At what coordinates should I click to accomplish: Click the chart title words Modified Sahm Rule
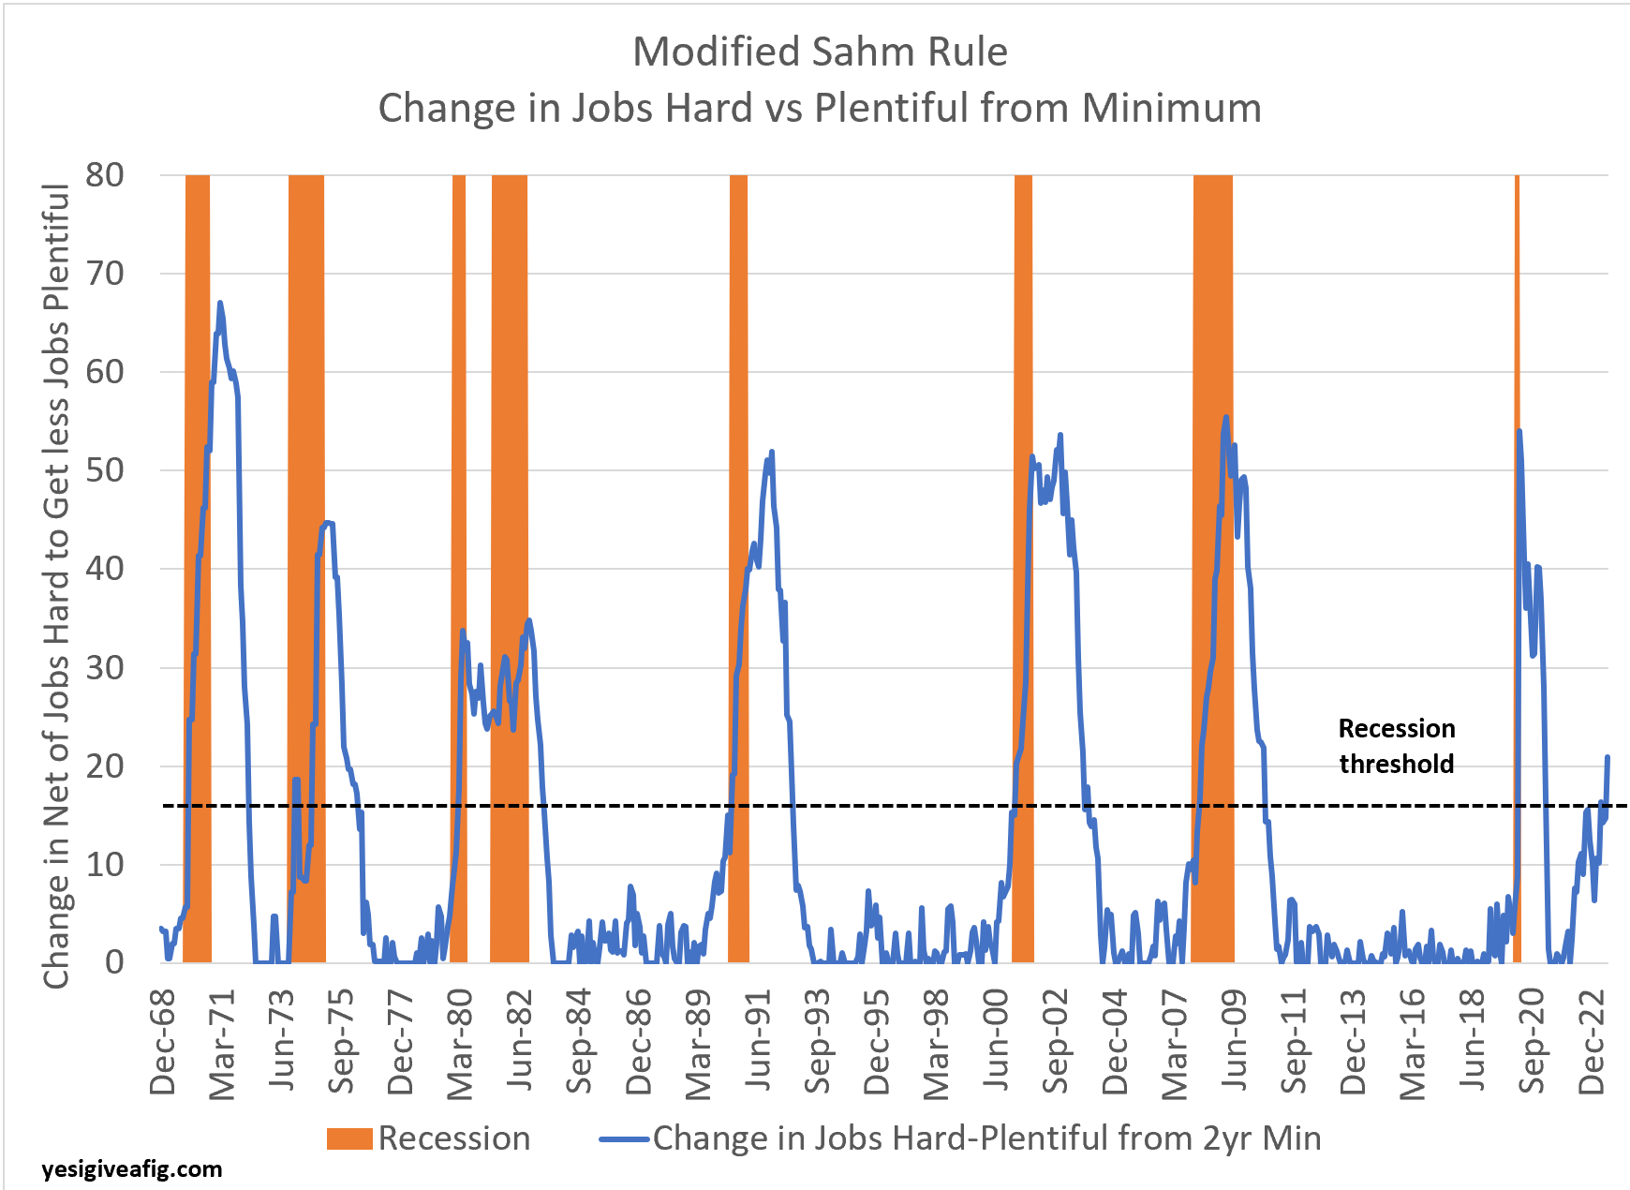(820, 52)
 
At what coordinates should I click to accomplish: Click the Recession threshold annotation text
(1396, 746)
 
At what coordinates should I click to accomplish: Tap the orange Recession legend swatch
(349, 1138)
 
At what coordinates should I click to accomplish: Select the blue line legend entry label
(986, 1138)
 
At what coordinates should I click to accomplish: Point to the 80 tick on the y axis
(105, 174)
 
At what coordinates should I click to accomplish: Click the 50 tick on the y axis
(105, 470)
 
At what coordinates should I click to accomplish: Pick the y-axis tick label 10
(105, 864)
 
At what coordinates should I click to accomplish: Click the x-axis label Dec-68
(163, 1040)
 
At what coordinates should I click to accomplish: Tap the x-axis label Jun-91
(758, 1040)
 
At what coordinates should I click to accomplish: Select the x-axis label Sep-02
(1056, 1040)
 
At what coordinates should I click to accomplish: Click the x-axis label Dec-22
(1592, 1040)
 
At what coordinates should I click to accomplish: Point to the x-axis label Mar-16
(1413, 1040)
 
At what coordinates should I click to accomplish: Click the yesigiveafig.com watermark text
(132, 1168)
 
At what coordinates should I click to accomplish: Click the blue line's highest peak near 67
(220, 303)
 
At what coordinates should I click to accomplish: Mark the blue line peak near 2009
(1225, 418)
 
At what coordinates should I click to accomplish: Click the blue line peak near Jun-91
(772, 452)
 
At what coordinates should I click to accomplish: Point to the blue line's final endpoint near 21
(1608, 757)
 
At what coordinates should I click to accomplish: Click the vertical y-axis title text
(56, 586)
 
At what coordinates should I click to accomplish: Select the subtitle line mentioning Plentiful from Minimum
(820, 108)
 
